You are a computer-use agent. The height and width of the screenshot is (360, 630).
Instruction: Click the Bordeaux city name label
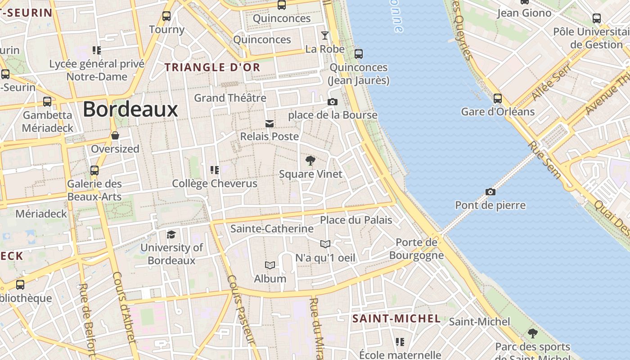pos(130,109)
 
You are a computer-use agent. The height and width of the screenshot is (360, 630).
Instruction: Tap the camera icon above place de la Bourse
pos(333,102)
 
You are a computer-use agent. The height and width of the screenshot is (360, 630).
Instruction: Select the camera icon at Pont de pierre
pos(490,192)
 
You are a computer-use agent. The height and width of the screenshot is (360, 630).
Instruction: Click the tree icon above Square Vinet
pos(310,161)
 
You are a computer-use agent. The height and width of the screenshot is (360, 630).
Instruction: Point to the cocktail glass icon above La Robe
pos(324,35)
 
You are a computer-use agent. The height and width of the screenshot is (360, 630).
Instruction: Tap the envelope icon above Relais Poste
pos(270,123)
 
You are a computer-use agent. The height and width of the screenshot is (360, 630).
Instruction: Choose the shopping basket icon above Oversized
pos(115,135)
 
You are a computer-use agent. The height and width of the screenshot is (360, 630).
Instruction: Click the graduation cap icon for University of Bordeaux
pos(171,234)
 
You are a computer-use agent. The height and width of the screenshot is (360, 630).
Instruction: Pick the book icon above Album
pos(270,265)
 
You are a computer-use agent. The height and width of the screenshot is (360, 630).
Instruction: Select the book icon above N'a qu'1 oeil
pos(325,244)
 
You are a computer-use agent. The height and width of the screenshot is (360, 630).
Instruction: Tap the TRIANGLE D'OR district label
pos(212,67)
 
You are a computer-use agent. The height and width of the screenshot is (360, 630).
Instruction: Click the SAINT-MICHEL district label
pos(396,319)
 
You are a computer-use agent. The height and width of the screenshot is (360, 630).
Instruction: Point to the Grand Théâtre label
pos(230,98)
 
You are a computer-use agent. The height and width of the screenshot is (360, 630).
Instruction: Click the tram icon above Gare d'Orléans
pos(498,99)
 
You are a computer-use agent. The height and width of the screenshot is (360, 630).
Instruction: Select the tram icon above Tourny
pos(166,17)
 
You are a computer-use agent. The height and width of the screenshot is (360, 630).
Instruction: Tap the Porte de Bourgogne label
pos(416,249)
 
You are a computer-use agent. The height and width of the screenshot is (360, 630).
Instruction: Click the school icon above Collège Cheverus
pos(215,170)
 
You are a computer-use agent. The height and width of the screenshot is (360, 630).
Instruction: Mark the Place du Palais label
pos(356,220)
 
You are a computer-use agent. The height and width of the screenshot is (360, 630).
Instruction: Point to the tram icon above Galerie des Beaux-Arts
pos(94,171)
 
